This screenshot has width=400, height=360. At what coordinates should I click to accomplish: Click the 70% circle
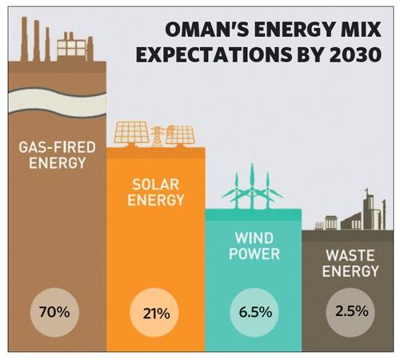coord(54,312)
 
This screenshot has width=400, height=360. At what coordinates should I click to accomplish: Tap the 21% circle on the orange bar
coord(154,313)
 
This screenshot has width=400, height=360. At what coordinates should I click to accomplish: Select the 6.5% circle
coord(254,313)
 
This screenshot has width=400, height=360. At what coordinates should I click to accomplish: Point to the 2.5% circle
coord(350,312)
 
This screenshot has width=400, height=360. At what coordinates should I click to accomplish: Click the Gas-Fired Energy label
coord(58,155)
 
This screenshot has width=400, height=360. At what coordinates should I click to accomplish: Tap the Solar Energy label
coord(156,192)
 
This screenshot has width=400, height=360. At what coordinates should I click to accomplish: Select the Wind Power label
coord(254,246)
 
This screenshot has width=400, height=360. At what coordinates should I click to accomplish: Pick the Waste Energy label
coord(350,263)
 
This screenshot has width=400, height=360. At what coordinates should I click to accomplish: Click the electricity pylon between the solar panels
coord(157,136)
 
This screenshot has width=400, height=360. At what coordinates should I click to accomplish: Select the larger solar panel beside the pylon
coord(131,133)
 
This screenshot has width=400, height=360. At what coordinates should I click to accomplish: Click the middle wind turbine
coord(252,186)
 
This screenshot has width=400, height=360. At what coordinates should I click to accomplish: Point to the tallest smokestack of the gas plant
coord(24,39)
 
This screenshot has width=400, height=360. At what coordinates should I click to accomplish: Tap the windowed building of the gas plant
coord(71,47)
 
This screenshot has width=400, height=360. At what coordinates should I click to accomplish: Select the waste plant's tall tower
coord(369,209)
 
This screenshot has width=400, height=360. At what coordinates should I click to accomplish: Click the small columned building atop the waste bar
coord(331,222)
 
